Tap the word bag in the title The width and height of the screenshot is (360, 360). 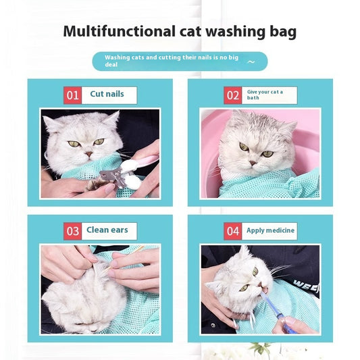(281, 32)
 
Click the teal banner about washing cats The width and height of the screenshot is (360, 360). (180, 61)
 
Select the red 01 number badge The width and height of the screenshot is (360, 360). (72, 95)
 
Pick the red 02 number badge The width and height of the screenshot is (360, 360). (233, 95)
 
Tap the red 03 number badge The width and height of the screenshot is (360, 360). (72, 231)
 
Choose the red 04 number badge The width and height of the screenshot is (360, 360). (233, 231)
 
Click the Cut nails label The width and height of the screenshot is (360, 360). (107, 95)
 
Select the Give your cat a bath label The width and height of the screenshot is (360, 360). (265, 95)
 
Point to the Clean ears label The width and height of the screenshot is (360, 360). (107, 230)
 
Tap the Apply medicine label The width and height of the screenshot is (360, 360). (270, 231)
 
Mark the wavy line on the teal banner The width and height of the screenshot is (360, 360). (251, 61)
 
